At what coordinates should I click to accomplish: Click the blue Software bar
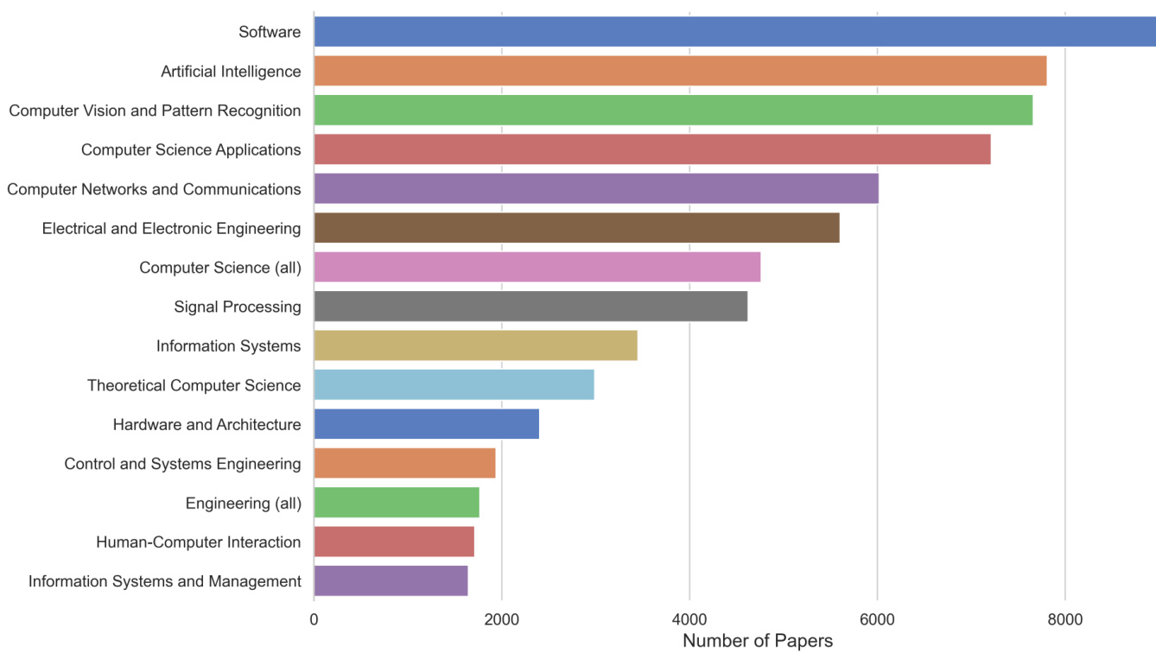pos(734,32)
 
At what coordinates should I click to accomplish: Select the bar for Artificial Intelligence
pos(680,71)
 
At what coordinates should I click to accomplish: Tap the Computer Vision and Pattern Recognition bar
pos(673,111)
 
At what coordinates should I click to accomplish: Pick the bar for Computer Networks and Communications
pos(596,188)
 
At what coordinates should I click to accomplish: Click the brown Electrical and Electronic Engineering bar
pos(576,228)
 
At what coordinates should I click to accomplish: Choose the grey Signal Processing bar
pos(530,307)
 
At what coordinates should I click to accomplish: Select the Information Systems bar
pos(475,346)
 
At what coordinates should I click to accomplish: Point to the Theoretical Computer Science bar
pos(454,384)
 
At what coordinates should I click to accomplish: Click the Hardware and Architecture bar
pos(426,424)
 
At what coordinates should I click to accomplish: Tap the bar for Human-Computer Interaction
pos(394,542)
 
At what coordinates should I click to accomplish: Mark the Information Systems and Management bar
pos(391,580)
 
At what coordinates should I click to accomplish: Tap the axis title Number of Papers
pos(758,641)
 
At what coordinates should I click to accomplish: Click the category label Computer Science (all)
pos(220,268)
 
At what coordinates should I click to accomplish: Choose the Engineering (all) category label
pos(244,503)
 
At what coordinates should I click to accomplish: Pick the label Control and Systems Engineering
pos(182,464)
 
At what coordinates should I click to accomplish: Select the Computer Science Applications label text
pos(191,149)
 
